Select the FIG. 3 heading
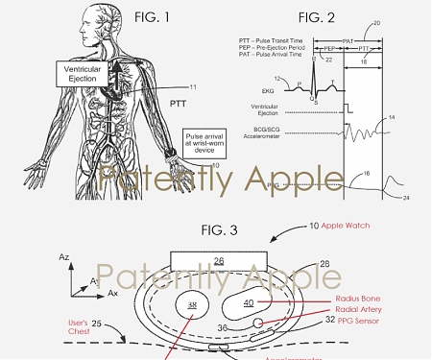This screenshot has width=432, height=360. coord(222,231)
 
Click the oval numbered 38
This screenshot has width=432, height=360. coord(193,306)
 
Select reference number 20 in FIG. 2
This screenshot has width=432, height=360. coord(402,22)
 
